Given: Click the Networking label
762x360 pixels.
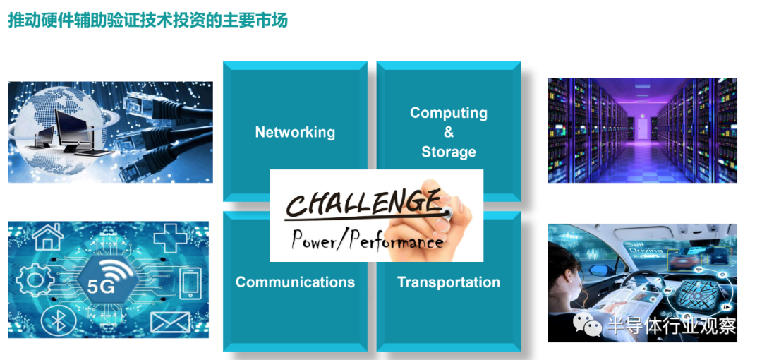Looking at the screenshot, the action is [x=295, y=132].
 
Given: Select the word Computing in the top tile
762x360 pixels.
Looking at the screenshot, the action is [x=449, y=114].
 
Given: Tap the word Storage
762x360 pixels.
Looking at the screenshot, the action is [x=449, y=152].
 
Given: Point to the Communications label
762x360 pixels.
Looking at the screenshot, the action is [x=295, y=282].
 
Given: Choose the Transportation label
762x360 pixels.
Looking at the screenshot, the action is [x=449, y=282].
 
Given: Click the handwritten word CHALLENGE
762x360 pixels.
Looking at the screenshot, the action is [x=362, y=200].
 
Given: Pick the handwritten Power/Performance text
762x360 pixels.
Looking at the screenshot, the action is [x=367, y=239].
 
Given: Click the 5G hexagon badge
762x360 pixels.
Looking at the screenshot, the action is [x=104, y=282].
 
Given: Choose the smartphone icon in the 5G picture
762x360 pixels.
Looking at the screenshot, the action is [x=190, y=283].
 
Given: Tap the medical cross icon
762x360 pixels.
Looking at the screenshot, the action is [x=170, y=238].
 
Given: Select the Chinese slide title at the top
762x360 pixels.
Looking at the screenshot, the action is [x=147, y=21].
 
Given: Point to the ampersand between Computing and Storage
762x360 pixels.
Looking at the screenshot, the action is [x=449, y=132].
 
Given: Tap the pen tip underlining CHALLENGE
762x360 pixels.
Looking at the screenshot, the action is [x=447, y=212].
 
